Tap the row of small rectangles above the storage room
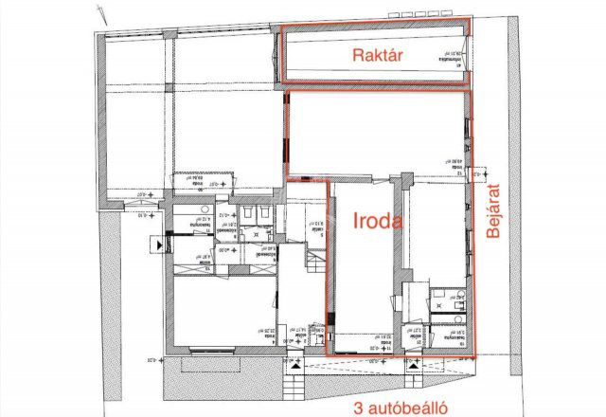pos(379,24)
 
